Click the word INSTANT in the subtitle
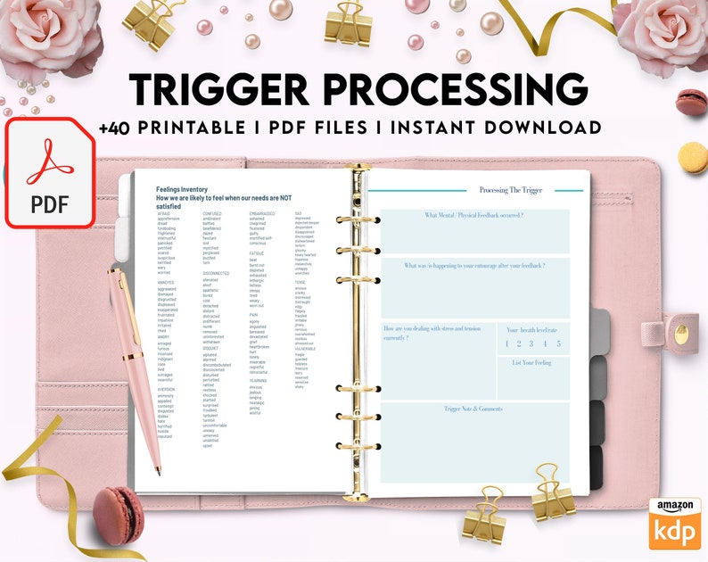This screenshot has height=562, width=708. pos(425,128)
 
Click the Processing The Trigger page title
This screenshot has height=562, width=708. pos(509,190)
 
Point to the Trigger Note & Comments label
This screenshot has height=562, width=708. pos(473,409)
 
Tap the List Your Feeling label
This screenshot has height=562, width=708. pos(531,363)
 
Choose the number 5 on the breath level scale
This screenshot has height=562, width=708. pos(559,343)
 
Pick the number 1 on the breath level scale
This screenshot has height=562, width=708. pos(506,343)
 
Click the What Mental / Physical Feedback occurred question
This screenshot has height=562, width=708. pos(473,216)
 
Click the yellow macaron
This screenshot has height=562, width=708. pos(692,158)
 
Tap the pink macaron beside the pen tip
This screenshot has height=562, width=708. pos(118,514)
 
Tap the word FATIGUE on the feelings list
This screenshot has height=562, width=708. pos(258,254)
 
